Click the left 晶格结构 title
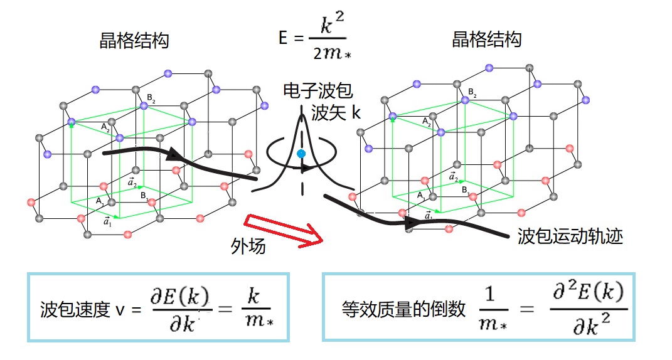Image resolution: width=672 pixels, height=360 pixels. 134,41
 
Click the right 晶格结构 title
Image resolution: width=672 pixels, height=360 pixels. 486,40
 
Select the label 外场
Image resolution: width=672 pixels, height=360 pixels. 248,246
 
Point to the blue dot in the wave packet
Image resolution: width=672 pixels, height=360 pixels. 301,154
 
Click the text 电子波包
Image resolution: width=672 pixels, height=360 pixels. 314,92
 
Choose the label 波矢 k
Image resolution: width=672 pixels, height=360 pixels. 336,113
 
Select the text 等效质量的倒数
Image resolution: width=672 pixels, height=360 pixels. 403,309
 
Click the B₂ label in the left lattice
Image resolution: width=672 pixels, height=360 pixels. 151,98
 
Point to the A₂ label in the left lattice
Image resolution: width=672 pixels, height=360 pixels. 105,127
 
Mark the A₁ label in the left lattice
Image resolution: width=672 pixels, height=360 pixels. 100,201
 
